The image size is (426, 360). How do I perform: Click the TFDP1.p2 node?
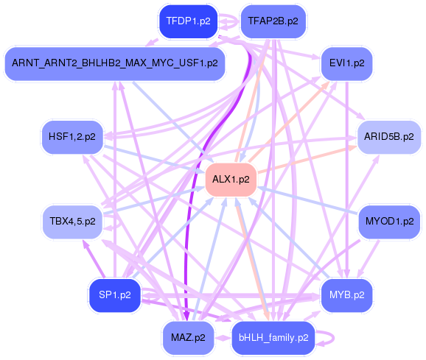tap(188, 21)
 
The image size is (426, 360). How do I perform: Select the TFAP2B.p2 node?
tap(273, 21)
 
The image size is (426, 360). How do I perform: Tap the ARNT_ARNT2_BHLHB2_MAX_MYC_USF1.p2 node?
tap(114, 63)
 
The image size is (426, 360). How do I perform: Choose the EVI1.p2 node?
tap(346, 63)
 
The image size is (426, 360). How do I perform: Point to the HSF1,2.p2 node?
tap(71, 136)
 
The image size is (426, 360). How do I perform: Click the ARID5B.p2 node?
tap(388, 136)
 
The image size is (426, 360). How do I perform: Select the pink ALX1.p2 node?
tap(230, 179)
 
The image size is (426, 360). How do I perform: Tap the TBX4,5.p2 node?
tap(71, 221)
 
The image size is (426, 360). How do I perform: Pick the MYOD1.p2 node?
tap(388, 221)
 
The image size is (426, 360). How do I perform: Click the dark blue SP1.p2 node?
tap(114, 294)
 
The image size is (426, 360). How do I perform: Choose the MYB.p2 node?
tap(346, 294)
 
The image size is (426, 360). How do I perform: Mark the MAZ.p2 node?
tap(188, 338)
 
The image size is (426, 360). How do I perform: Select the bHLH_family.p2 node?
tap(273, 338)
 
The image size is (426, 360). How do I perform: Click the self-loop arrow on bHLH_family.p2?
tap(331, 338)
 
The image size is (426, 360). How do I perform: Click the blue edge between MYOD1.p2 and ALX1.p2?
tap(310, 200)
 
